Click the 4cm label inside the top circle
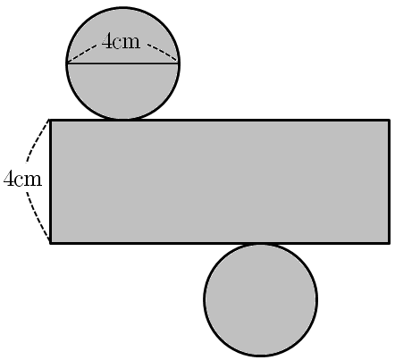click(121, 41)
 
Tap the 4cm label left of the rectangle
click(22, 179)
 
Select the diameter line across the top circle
click(122, 63)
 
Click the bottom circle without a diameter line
click(261, 300)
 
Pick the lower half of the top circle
click(122, 89)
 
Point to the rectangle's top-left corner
click(50, 121)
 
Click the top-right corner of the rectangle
click(389, 121)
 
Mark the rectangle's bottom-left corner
click(50, 243)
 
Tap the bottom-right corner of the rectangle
click(389, 243)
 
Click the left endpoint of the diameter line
click(67, 63)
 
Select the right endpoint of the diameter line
click(179, 63)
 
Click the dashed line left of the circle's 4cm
click(82, 54)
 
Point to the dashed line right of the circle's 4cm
click(163, 54)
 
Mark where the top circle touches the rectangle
click(122, 120)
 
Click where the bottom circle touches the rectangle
click(261, 244)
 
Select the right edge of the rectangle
click(389, 181)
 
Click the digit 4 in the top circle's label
click(106, 41)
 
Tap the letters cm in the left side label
click(29, 180)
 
